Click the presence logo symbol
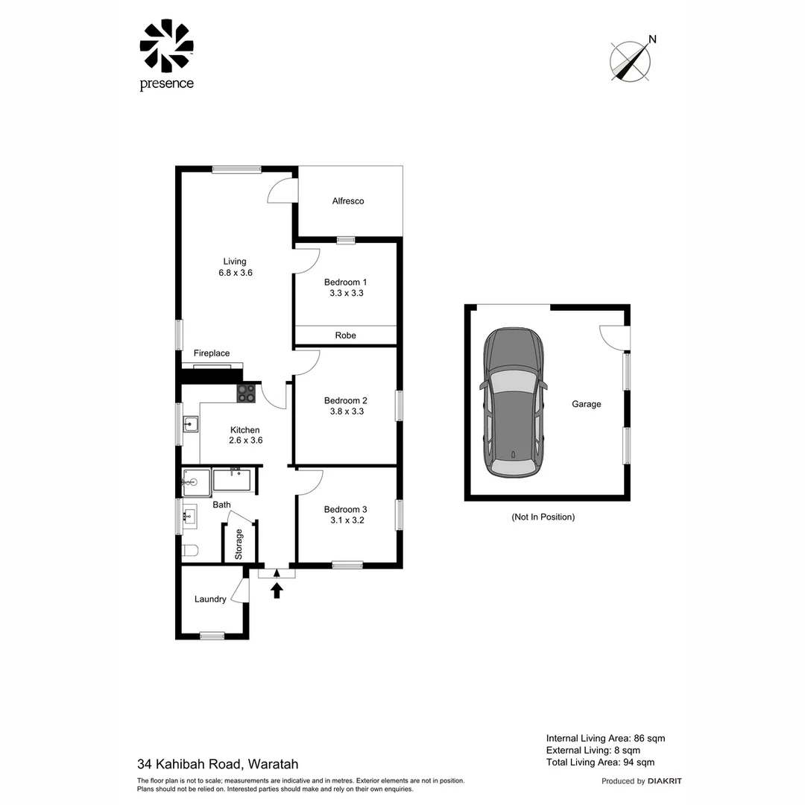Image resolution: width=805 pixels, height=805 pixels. point(166,45)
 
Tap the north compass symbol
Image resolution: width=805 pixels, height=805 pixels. point(631,60)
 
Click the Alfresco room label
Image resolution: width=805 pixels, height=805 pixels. point(348,201)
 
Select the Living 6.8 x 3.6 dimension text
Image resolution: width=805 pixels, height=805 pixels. point(235,273)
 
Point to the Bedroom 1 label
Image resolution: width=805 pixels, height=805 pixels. point(345,282)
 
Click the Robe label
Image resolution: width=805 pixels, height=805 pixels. point(345,335)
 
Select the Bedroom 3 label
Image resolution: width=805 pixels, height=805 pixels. point(345,510)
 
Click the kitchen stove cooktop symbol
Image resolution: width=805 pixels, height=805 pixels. point(246,393)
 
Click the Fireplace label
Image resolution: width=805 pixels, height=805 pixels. point(212,353)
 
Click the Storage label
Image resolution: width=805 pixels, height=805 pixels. point(239,544)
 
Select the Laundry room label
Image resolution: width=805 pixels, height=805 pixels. point(210,599)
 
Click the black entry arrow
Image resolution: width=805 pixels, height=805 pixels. point(277,590)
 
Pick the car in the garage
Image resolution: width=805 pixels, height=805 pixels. point(514,402)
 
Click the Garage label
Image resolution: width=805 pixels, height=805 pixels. point(586,404)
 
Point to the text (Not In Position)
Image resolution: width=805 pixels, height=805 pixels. point(543,517)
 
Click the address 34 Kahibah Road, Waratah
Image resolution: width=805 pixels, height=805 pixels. point(218,763)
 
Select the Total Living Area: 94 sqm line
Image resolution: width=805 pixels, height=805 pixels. point(600,762)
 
